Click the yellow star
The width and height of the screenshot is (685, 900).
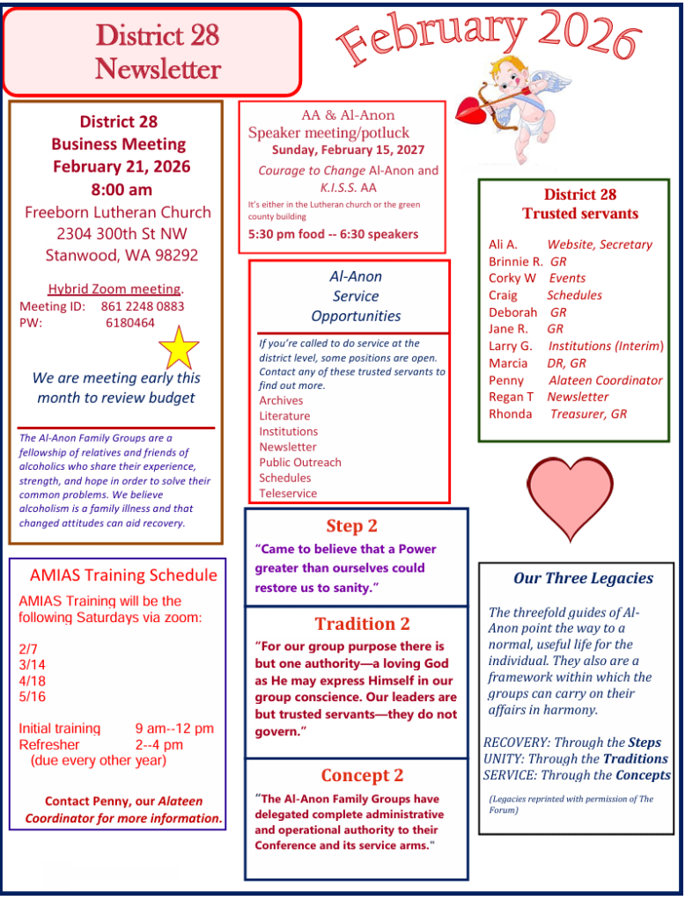click(179, 348)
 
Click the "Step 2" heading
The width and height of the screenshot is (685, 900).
click(351, 526)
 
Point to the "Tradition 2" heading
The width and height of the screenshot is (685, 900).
click(362, 624)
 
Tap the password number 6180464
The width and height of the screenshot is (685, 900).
click(130, 323)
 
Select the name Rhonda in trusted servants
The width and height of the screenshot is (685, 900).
click(510, 413)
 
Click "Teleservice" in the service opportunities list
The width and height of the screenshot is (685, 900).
click(288, 494)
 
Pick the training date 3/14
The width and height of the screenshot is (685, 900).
click(32, 665)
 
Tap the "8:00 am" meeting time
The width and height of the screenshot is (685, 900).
click(122, 189)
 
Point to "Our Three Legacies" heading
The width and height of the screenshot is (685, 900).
click(583, 578)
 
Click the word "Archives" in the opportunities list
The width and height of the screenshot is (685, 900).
click(281, 400)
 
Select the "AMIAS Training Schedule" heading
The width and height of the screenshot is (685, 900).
click(123, 575)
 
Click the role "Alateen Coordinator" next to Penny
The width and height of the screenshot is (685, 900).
click(605, 380)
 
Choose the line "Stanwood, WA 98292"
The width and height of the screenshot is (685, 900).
click(122, 256)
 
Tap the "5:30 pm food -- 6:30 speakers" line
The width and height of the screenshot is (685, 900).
click(333, 234)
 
